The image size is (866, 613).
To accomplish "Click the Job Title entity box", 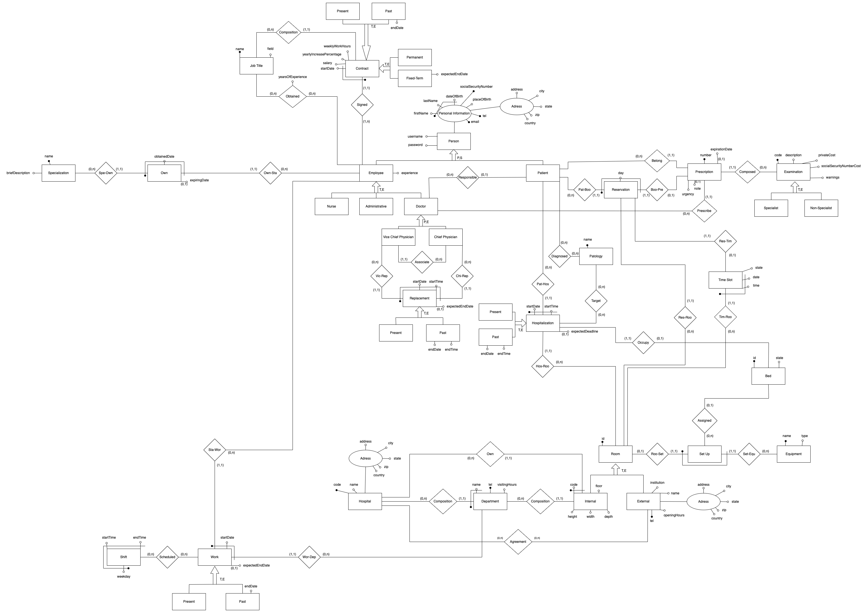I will (256, 66).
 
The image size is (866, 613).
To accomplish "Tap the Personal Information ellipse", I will (454, 113).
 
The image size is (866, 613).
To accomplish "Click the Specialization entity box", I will (58, 173).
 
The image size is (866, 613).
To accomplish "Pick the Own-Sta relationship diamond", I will (270, 173).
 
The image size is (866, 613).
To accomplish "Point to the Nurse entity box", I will (331, 206).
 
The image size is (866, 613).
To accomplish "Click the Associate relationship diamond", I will (422, 262).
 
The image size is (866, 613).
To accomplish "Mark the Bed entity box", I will (768, 376).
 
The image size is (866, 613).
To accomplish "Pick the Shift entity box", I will (123, 557).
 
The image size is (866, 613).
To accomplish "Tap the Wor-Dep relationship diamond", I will (309, 557).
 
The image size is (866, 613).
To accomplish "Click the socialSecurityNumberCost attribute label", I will (841, 166).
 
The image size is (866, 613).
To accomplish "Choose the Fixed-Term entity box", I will (414, 78).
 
